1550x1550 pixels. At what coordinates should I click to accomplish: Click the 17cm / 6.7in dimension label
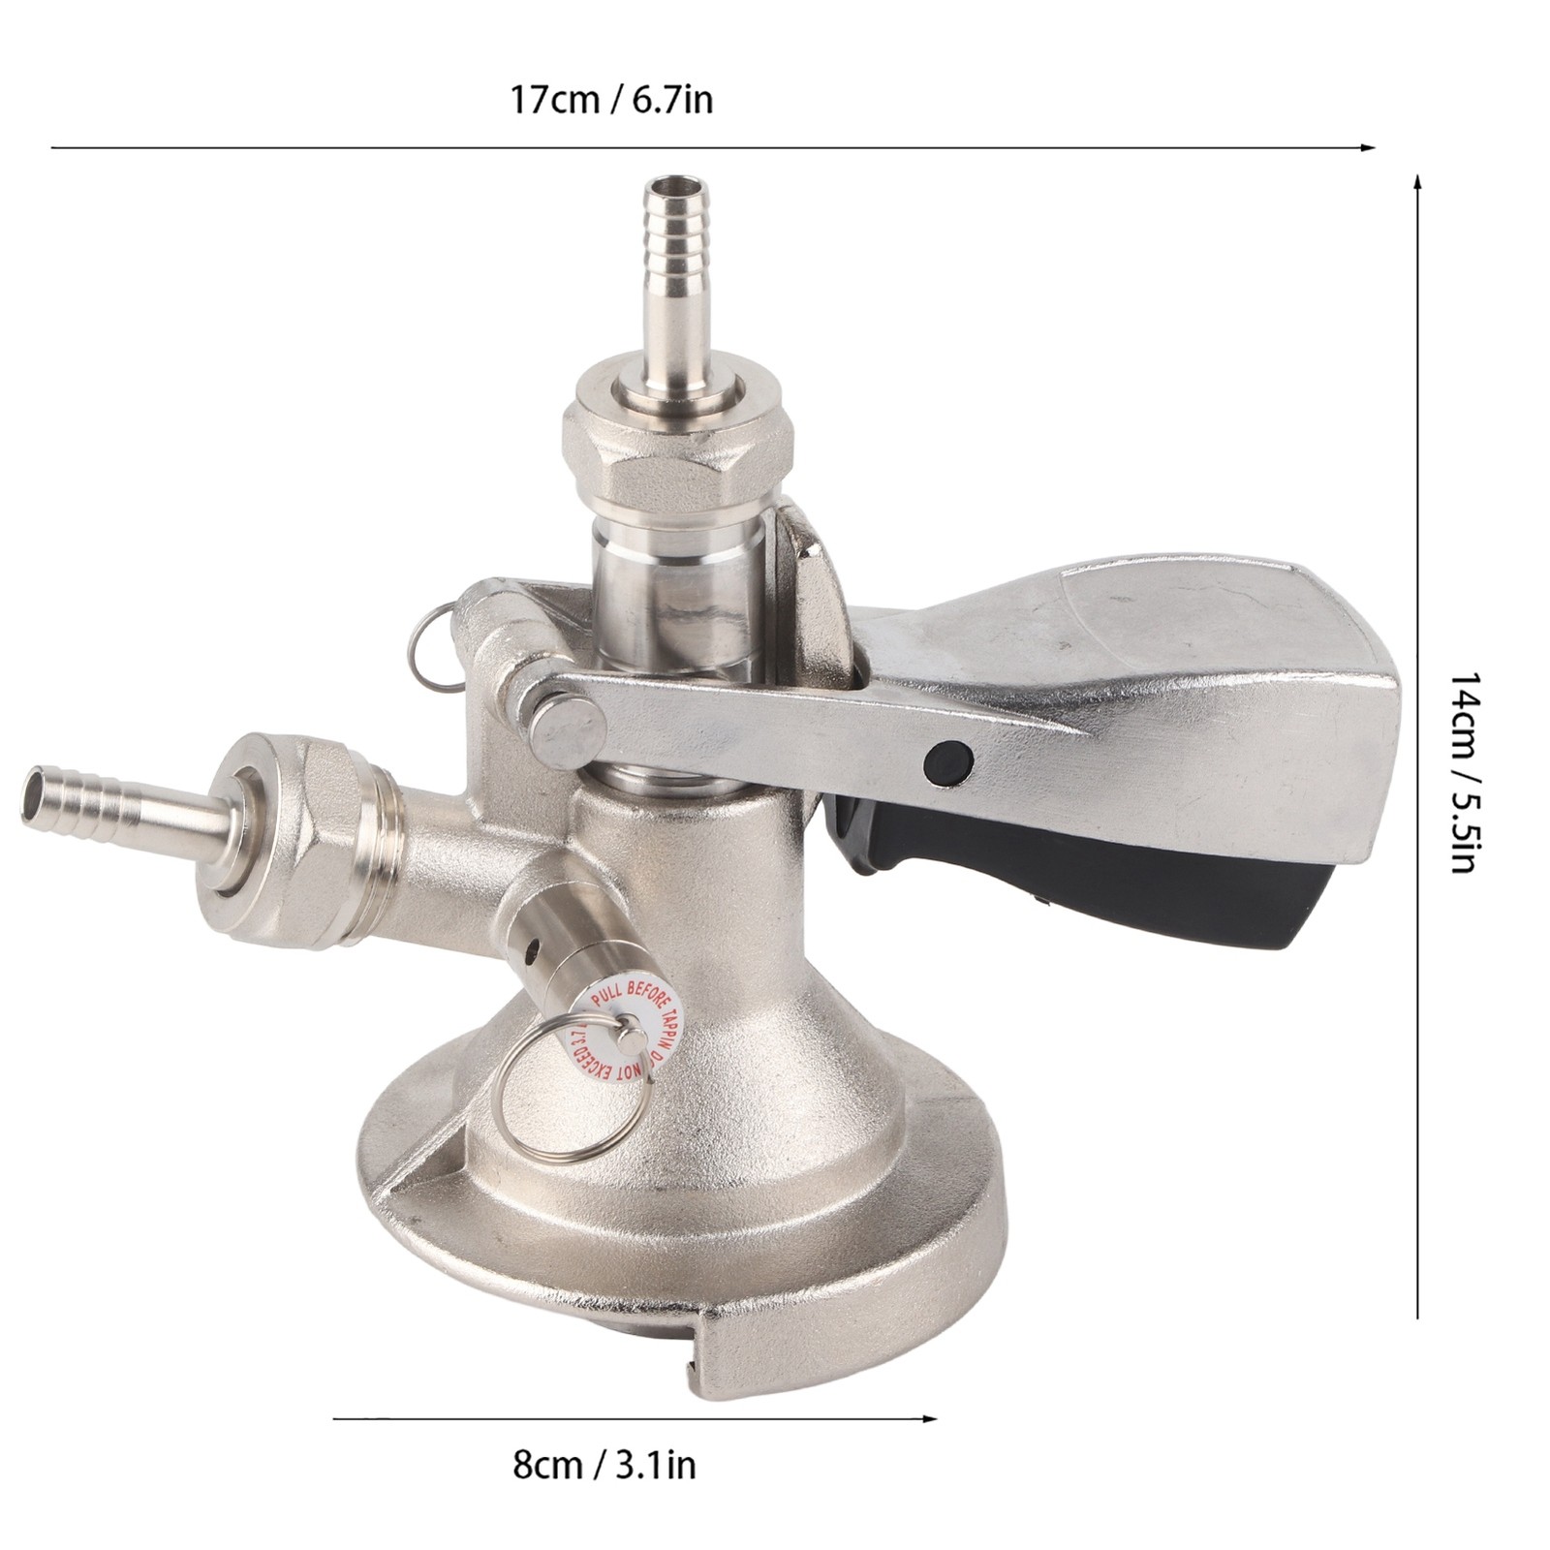611,100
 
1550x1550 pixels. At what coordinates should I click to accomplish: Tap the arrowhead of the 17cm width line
1369,148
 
